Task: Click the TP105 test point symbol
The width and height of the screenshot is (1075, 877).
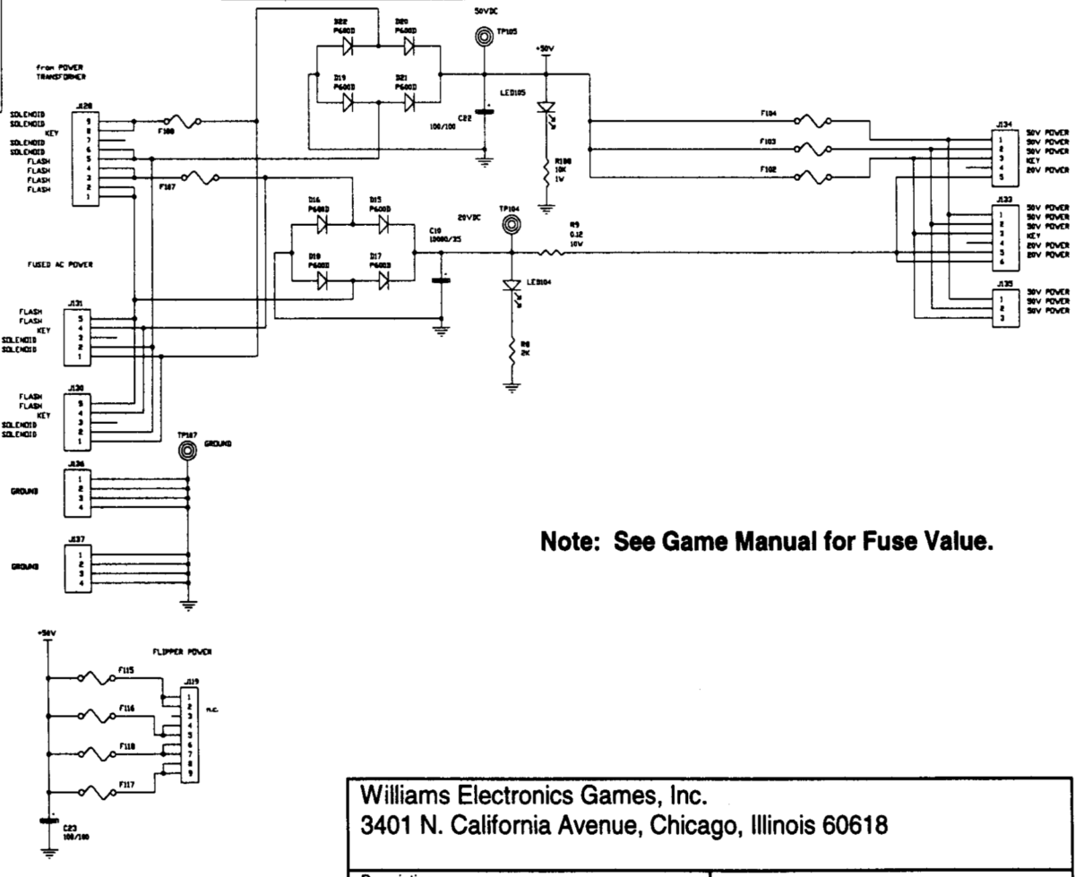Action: (484, 37)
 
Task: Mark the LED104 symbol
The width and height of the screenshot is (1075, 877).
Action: (512, 286)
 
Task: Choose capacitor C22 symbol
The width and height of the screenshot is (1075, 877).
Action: (484, 113)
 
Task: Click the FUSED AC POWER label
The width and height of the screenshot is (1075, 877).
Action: (59, 266)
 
